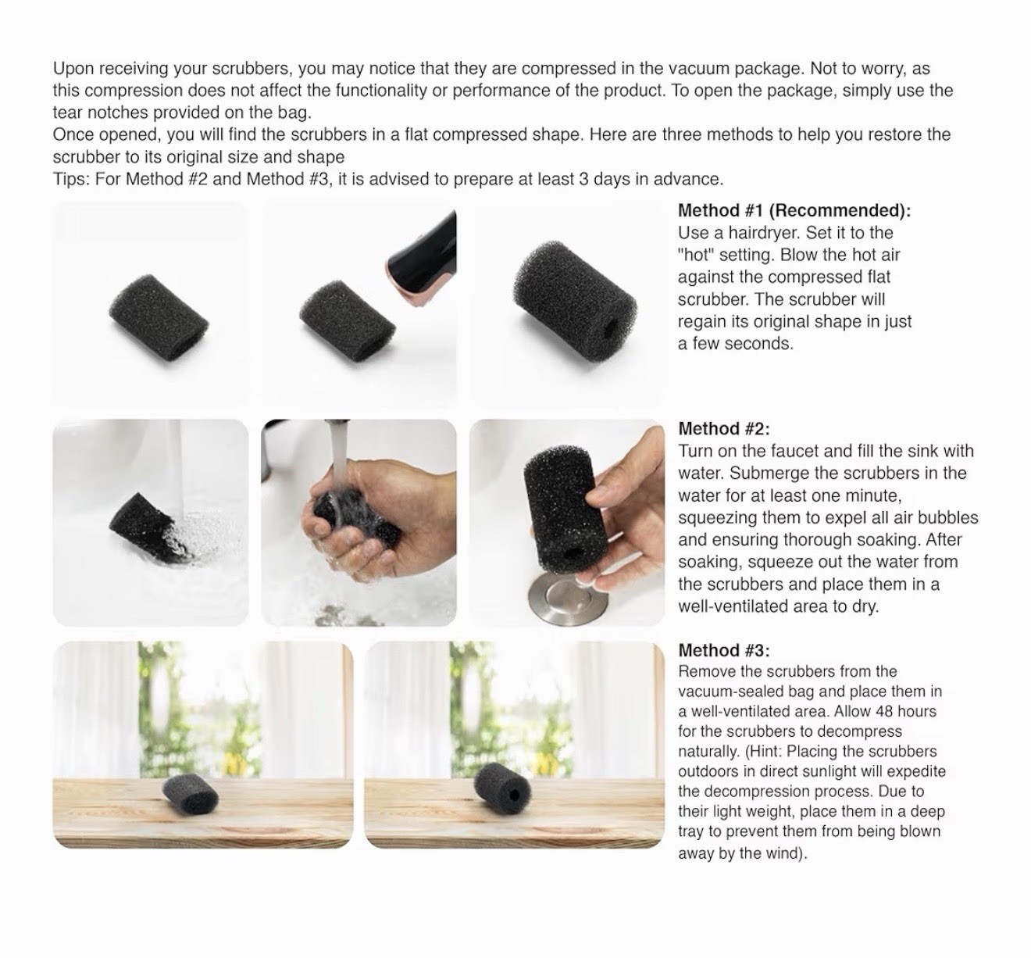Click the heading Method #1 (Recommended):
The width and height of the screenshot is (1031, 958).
(x=794, y=210)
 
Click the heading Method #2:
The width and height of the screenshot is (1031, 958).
(x=724, y=429)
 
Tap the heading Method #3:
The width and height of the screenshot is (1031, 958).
(x=724, y=650)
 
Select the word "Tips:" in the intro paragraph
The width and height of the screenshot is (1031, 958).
(x=72, y=179)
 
